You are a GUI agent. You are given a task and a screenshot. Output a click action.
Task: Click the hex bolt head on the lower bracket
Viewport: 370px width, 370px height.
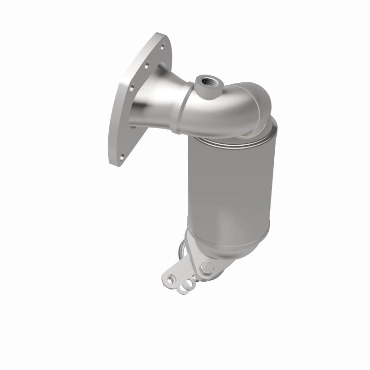(x=206, y=267)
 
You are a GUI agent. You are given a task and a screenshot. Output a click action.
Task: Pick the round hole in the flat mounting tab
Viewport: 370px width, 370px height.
(x=172, y=279)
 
